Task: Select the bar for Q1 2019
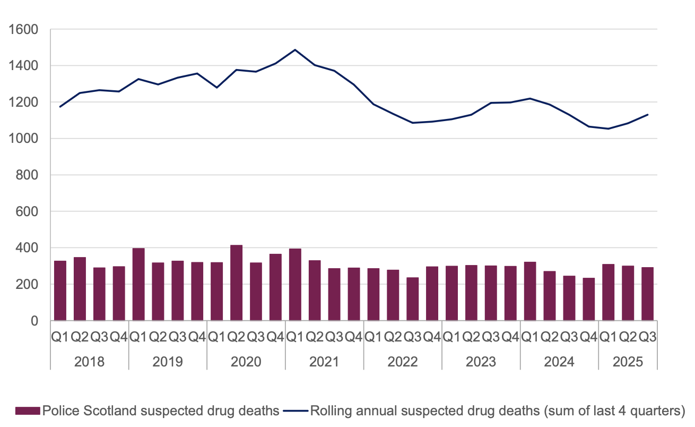pyautogui.click(x=138, y=285)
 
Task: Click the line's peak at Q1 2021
pyautogui.click(x=295, y=50)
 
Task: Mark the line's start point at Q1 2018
pyautogui.click(x=60, y=107)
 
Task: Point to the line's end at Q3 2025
pyautogui.click(x=648, y=114)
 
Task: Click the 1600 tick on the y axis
pyautogui.click(x=24, y=30)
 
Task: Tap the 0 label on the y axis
pyautogui.click(x=36, y=321)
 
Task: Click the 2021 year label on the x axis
pyautogui.click(x=324, y=362)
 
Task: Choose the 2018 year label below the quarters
pyautogui.click(x=89, y=362)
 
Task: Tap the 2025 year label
pyautogui.click(x=628, y=362)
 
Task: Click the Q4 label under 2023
pyautogui.click(x=510, y=337)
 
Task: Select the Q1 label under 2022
pyautogui.click(x=373, y=337)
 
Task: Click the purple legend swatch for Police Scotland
pyautogui.click(x=28, y=411)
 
